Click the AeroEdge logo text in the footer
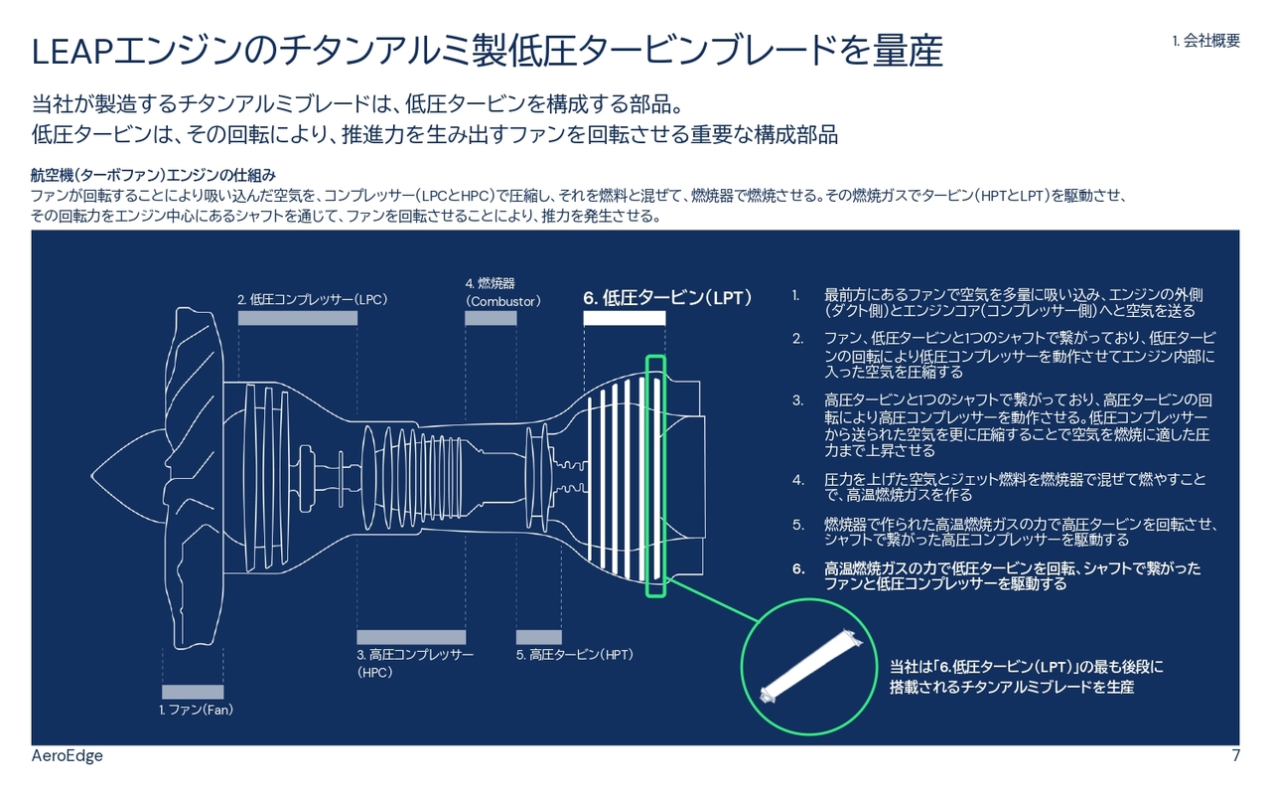click(67, 756)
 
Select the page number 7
click(1235, 756)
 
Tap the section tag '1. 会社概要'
click(1205, 41)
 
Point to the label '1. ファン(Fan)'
click(196, 711)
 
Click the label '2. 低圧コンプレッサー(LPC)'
click(311, 299)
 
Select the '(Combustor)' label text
click(502, 301)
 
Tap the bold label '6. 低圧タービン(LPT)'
click(667, 297)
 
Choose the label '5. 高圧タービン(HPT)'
click(574, 655)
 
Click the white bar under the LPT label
click(624, 318)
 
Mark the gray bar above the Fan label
click(193, 692)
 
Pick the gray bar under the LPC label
click(297, 318)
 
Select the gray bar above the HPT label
click(538, 637)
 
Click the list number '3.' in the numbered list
click(797, 400)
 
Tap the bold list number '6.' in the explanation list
click(797, 568)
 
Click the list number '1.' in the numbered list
click(796, 295)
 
